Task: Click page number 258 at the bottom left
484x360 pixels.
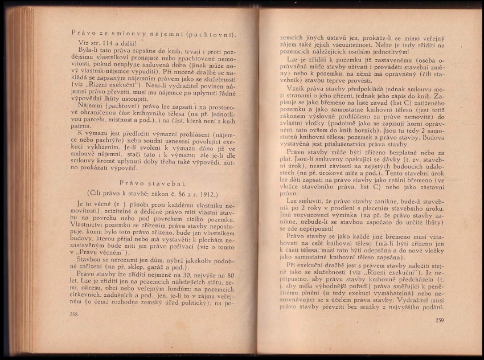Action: pos(73,314)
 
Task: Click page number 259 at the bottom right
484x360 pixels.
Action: pos(439,320)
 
